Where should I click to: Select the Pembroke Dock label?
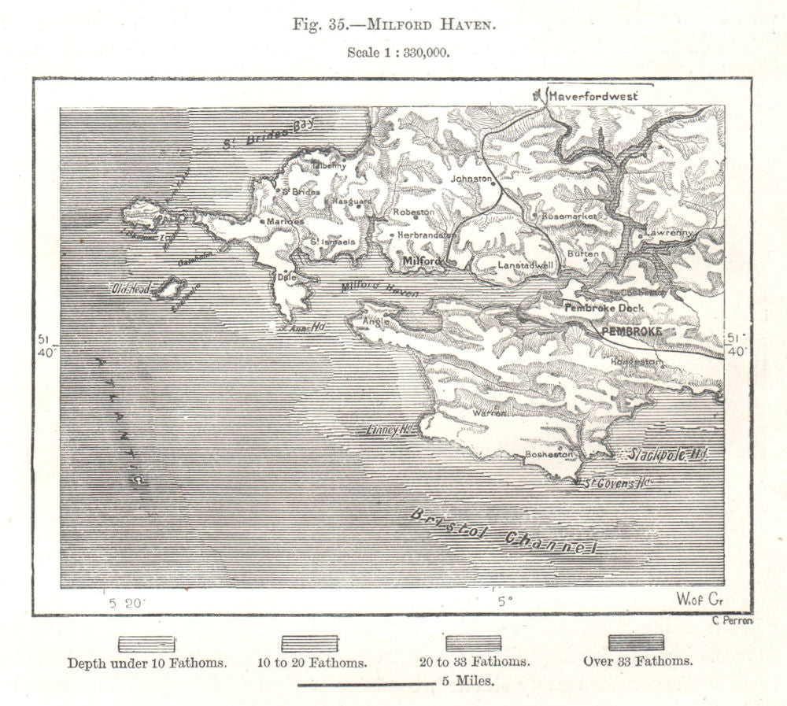pos(604,308)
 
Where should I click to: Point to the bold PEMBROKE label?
pos(632,332)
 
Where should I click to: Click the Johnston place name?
pos(470,179)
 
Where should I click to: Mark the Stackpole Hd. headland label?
pos(655,454)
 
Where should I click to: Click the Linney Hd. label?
pos(390,431)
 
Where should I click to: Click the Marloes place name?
pos(285,221)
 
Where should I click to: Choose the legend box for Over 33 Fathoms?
pos(636,643)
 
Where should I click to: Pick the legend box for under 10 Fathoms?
pos(146,644)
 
